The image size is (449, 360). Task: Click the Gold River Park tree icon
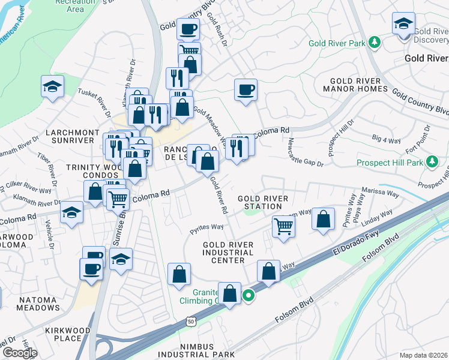[x=375, y=43]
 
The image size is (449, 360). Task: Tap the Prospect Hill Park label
[x=390, y=163]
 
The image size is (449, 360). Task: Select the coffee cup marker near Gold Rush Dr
[x=246, y=91]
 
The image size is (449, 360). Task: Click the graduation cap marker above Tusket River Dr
[x=53, y=87]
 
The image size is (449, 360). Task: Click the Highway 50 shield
[x=191, y=322]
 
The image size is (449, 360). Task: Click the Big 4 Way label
[x=386, y=139]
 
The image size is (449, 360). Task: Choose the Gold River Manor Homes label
[x=355, y=85]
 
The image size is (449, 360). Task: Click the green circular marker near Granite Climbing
[x=248, y=295]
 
